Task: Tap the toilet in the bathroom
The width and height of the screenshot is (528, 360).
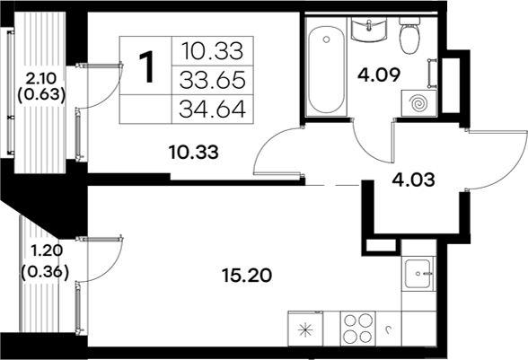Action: [409, 36]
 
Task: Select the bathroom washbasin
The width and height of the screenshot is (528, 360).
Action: [368, 31]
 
